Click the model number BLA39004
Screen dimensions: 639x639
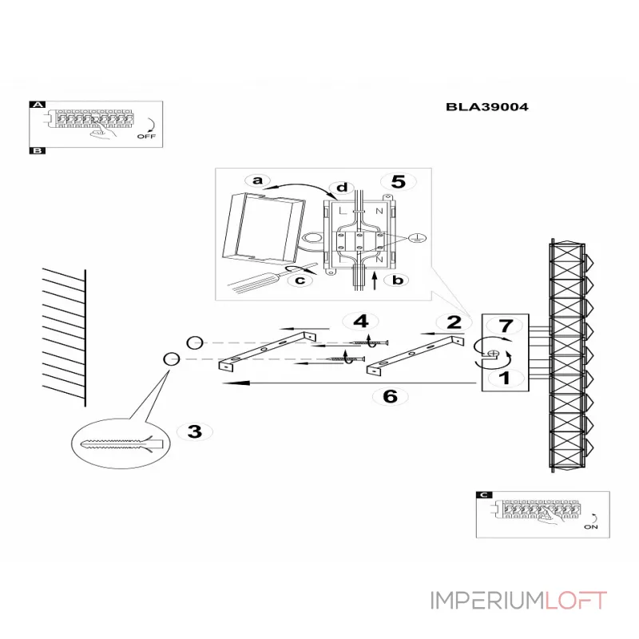point(487,105)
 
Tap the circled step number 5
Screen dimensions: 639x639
point(397,182)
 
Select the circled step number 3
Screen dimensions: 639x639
point(194,432)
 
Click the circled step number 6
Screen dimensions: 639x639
point(390,396)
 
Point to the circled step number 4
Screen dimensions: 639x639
point(361,322)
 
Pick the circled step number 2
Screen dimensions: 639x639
point(454,323)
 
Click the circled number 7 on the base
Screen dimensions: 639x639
point(504,326)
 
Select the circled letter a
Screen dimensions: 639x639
point(257,181)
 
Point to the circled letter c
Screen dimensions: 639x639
point(300,280)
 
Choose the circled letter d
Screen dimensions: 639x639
point(342,189)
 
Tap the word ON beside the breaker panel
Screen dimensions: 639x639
point(590,527)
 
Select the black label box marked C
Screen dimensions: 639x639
point(482,495)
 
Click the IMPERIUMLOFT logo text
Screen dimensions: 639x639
point(519,601)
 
